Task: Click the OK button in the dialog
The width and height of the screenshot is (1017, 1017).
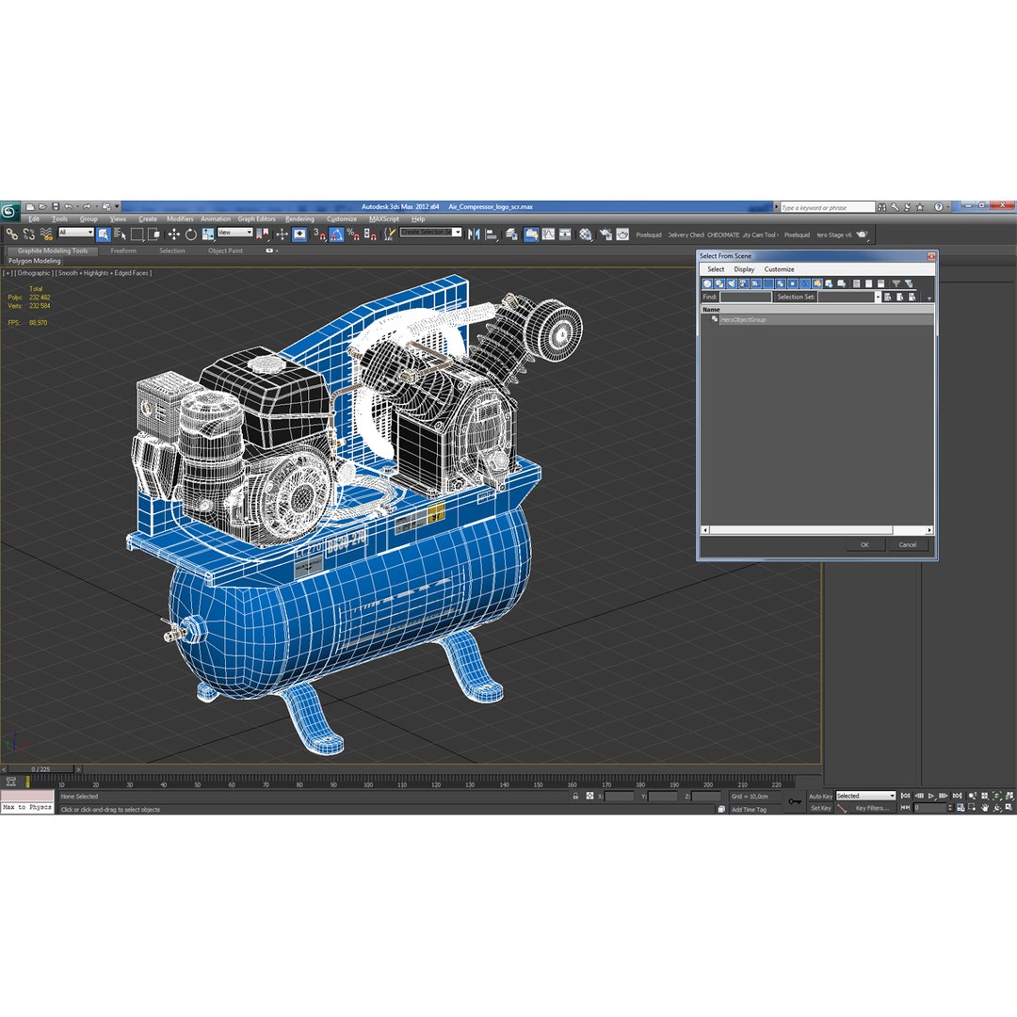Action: pyautogui.click(x=864, y=544)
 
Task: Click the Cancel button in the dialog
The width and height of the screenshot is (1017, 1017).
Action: pyautogui.click(x=907, y=544)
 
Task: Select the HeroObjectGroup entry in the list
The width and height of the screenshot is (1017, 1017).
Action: pyautogui.click(x=743, y=319)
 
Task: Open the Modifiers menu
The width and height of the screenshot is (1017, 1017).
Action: pyautogui.click(x=180, y=218)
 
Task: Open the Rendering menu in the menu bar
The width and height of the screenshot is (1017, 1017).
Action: pyautogui.click(x=299, y=218)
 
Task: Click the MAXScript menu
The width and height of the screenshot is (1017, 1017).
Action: pyautogui.click(x=383, y=218)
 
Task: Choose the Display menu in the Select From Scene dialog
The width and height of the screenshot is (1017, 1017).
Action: pyautogui.click(x=744, y=269)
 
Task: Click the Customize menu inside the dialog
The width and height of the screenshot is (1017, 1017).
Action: pyautogui.click(x=779, y=269)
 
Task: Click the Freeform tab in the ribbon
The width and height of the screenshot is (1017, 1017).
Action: pyautogui.click(x=123, y=250)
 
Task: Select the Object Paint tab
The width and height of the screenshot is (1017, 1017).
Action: pyautogui.click(x=225, y=250)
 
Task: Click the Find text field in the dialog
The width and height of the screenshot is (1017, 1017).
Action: pyautogui.click(x=745, y=297)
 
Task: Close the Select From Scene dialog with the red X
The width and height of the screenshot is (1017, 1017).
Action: pyautogui.click(x=930, y=256)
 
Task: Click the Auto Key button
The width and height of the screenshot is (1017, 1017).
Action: pyautogui.click(x=820, y=797)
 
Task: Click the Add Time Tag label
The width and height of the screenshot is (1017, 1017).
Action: pyautogui.click(x=749, y=810)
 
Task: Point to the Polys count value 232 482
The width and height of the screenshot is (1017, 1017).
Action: pyautogui.click(x=40, y=298)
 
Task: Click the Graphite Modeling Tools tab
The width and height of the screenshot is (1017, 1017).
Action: pyautogui.click(x=53, y=250)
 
